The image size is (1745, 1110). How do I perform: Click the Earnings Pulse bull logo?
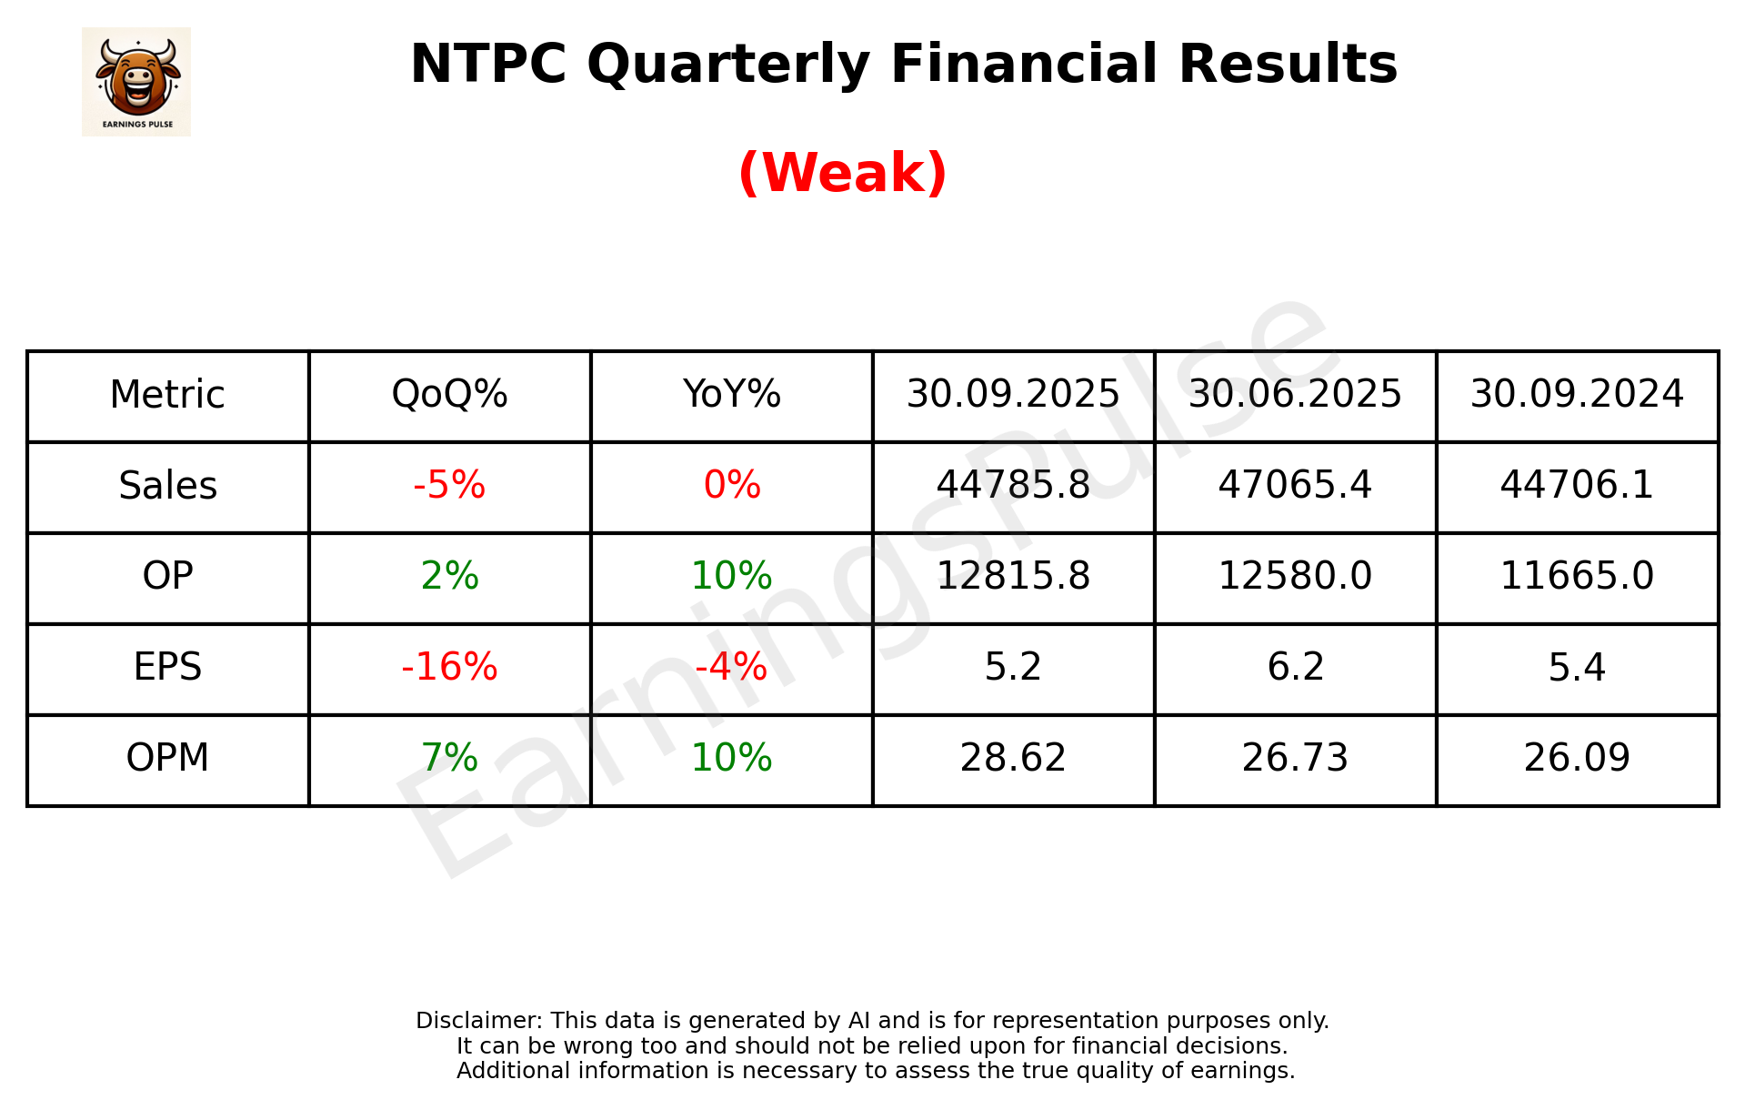136,81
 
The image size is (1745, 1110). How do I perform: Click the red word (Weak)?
842,173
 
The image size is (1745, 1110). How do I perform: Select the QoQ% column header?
449,395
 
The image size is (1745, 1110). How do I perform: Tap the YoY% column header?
731,395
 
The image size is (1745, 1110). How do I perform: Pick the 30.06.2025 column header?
1295,395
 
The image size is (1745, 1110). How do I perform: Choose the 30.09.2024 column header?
1577,395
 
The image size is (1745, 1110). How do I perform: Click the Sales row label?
168,486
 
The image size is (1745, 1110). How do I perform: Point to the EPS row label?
168,668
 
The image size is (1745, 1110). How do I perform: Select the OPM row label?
168,759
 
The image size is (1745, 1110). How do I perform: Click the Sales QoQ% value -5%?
449,486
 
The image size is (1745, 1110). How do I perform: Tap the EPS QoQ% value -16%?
449,668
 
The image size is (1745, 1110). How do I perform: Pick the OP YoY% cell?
731,577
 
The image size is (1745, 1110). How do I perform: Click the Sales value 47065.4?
1295,486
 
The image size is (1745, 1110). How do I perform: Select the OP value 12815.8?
1013,577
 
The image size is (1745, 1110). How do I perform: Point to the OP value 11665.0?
1577,577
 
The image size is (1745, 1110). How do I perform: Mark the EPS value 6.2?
1295,668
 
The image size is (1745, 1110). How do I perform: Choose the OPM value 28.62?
1013,759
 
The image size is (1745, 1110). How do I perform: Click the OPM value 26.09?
1577,759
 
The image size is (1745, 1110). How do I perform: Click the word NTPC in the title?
488,65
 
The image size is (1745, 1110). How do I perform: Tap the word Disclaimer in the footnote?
478,1021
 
